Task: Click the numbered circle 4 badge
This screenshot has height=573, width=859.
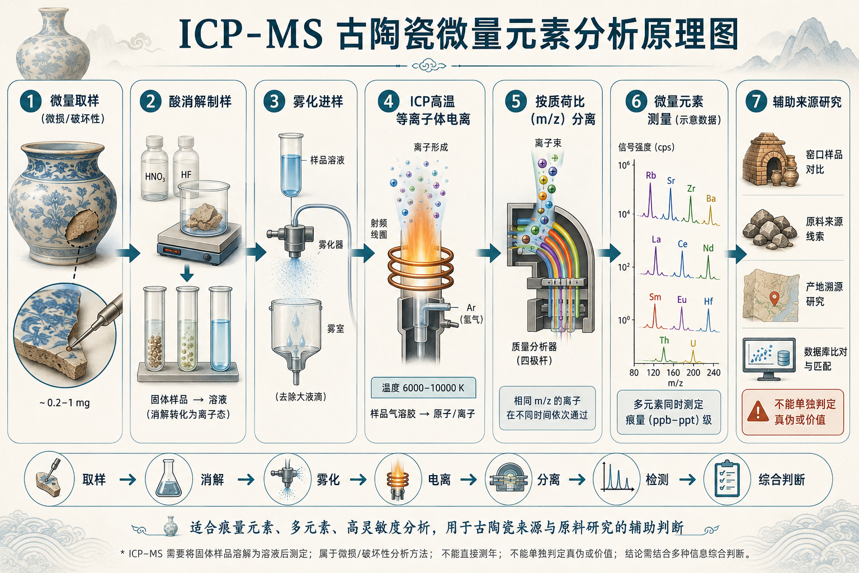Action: click(389, 102)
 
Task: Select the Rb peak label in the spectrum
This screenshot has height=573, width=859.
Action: click(651, 175)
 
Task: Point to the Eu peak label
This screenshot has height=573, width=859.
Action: click(682, 300)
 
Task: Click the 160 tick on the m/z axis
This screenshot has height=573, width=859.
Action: click(673, 372)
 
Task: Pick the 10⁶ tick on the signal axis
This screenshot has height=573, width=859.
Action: click(624, 166)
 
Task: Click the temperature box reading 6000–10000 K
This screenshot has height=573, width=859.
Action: click(423, 388)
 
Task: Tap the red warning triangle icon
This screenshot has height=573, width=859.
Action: click(757, 411)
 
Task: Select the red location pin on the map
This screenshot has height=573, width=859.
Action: click(775, 298)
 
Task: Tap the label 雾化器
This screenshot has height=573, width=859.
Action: click(331, 245)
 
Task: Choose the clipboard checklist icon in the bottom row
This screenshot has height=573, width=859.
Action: click(727, 480)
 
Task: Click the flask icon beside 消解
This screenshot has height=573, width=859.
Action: click(169, 479)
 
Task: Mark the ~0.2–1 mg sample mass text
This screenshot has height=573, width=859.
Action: click(64, 403)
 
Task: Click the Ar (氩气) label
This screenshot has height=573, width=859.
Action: click(471, 313)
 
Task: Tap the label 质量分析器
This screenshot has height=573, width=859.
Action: click(534, 347)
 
